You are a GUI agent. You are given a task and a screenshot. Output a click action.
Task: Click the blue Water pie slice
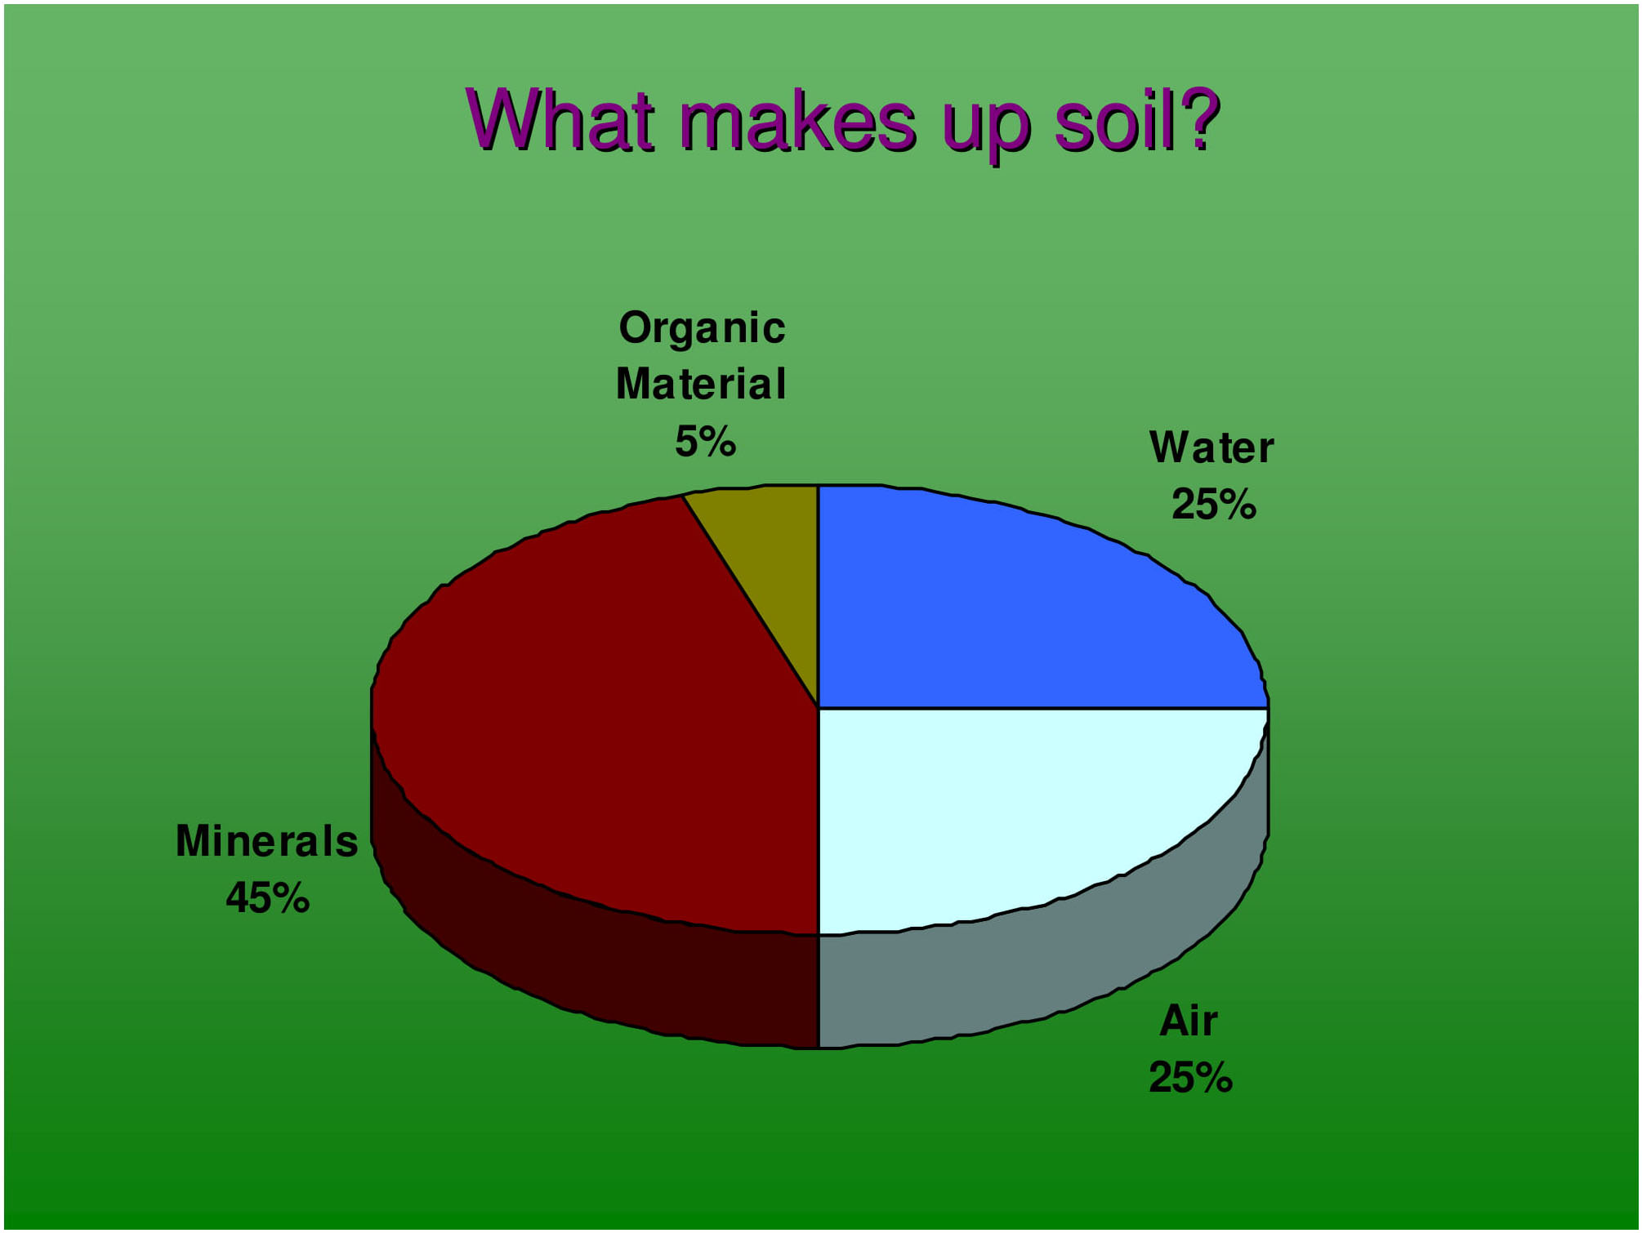click(1021, 604)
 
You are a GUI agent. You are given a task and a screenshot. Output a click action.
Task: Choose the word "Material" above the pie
click(701, 384)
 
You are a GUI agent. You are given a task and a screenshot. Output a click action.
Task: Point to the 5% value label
click(705, 442)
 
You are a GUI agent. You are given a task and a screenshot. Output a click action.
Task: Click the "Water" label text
click(1211, 447)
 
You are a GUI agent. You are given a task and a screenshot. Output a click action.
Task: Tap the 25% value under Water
click(1214, 504)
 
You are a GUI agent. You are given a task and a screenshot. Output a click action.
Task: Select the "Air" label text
click(1189, 1021)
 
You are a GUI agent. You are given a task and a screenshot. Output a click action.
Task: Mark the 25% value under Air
click(1191, 1077)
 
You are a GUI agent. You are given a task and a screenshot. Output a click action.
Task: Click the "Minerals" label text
click(267, 841)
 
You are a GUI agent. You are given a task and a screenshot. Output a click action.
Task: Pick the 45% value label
click(268, 897)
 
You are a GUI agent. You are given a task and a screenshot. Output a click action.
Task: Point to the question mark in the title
click(1202, 119)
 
